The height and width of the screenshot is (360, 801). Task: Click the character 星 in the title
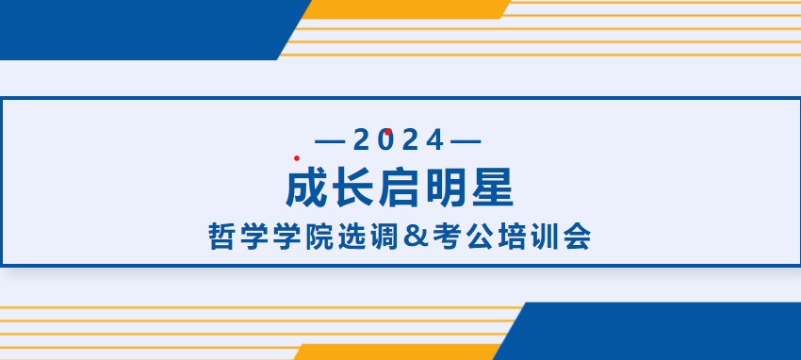(x=493, y=188)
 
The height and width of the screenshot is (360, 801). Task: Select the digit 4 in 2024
(x=434, y=139)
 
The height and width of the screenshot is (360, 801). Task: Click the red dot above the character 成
(x=297, y=158)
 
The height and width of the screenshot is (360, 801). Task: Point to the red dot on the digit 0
(x=388, y=132)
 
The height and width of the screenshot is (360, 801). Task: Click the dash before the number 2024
(x=331, y=141)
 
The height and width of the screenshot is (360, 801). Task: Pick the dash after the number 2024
(x=466, y=141)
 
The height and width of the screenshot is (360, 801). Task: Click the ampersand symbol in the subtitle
(x=416, y=237)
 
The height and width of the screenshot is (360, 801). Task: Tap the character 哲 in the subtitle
(x=221, y=237)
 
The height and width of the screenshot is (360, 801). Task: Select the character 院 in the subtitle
(x=319, y=237)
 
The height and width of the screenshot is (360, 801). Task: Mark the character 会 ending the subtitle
(x=578, y=237)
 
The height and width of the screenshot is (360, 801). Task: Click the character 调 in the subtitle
(x=384, y=237)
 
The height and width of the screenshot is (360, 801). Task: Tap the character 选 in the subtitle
(x=351, y=237)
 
